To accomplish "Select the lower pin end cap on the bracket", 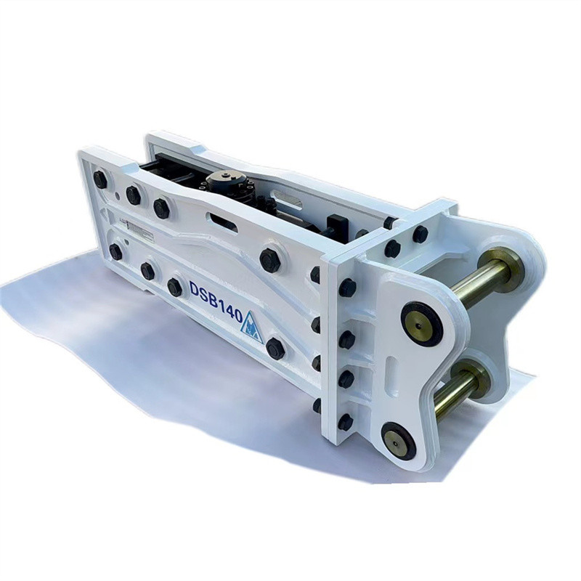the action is [398, 441].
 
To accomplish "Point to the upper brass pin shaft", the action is [482, 280].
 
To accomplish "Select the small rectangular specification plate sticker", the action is [140, 229].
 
